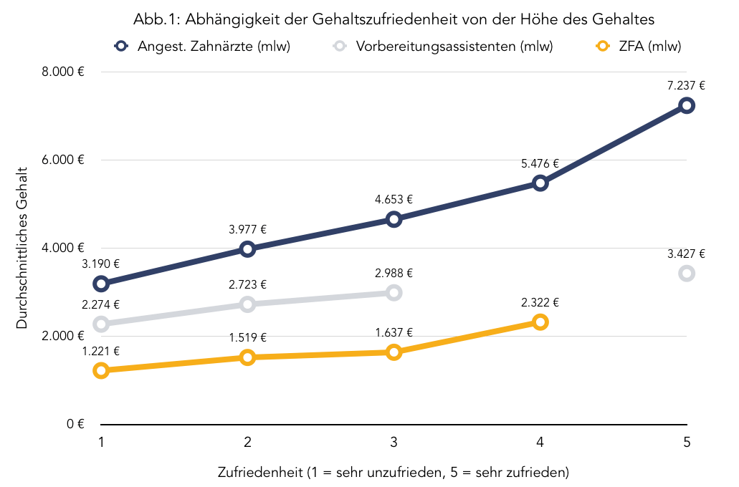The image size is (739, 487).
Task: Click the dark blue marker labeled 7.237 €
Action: click(687, 105)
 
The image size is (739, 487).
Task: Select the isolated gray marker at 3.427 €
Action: click(687, 273)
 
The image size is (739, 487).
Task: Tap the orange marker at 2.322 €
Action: click(540, 322)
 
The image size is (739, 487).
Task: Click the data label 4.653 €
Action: click(394, 200)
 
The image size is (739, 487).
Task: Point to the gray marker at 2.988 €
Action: click(394, 292)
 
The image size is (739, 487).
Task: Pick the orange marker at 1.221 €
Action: click(101, 370)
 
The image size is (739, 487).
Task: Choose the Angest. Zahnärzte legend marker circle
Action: click(122, 47)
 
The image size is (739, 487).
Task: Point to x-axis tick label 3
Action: click(394, 443)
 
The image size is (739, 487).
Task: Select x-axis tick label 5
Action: click(687, 443)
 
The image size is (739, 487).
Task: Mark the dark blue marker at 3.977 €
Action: click(247, 249)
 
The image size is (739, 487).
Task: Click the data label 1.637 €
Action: click(394, 332)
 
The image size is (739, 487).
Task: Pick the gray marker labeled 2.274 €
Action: click(101, 324)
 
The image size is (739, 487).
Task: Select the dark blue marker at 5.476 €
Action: click(540, 183)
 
